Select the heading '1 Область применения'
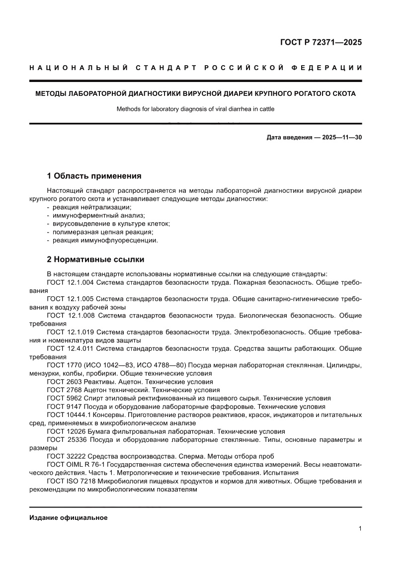[94, 176]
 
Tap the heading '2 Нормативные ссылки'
[95, 259]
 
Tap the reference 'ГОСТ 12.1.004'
[70, 283]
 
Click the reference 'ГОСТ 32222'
[64, 456]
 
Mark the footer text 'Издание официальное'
[68, 517]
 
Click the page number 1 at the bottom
[359, 529]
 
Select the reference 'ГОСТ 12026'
[64, 431]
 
